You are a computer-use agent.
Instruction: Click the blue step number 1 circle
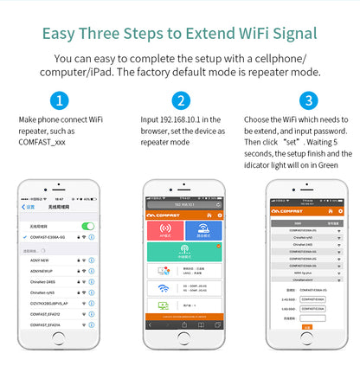(59, 100)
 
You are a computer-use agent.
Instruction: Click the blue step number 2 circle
(179, 100)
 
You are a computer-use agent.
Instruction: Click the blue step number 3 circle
(308, 100)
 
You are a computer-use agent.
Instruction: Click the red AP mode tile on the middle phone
(164, 230)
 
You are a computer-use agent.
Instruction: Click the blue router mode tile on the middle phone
(202, 230)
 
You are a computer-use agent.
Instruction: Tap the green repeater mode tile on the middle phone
(183, 253)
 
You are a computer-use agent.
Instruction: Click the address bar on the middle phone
(183, 203)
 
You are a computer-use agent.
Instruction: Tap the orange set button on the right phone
(307, 327)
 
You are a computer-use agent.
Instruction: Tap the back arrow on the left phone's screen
(24, 208)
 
